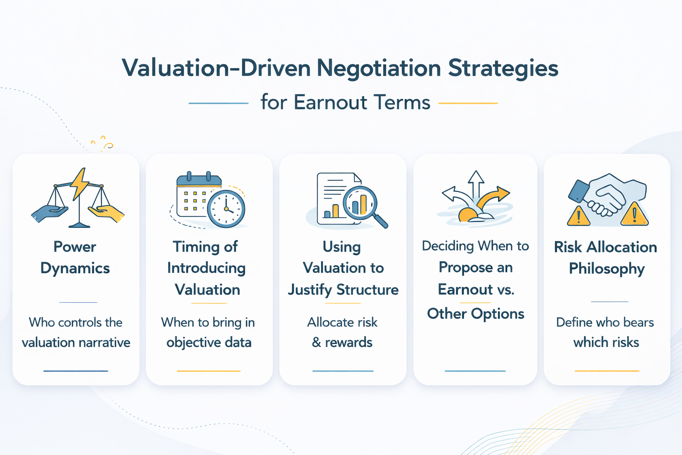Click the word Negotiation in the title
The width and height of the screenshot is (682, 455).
coord(378,68)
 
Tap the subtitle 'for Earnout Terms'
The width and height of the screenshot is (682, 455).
coord(345,102)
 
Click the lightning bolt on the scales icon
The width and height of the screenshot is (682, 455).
coord(80,183)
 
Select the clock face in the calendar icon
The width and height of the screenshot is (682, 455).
coord(226,208)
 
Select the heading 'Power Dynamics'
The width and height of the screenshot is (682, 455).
coord(75,257)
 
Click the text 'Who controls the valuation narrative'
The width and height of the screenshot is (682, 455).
coord(76,332)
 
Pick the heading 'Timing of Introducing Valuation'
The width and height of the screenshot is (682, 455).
coord(206,268)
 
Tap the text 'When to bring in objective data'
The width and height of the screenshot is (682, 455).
coord(208,332)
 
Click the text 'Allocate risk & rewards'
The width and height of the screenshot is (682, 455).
coord(342,332)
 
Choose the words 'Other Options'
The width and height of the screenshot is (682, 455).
coord(476,314)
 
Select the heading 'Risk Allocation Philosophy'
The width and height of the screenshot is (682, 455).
coord(606,258)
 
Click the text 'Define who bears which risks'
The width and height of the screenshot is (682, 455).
coord(605,332)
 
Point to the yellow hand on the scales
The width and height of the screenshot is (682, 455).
coord(107,213)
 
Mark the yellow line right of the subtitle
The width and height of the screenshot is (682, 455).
coord(468,103)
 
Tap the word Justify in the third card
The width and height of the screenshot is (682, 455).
coord(310,290)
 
